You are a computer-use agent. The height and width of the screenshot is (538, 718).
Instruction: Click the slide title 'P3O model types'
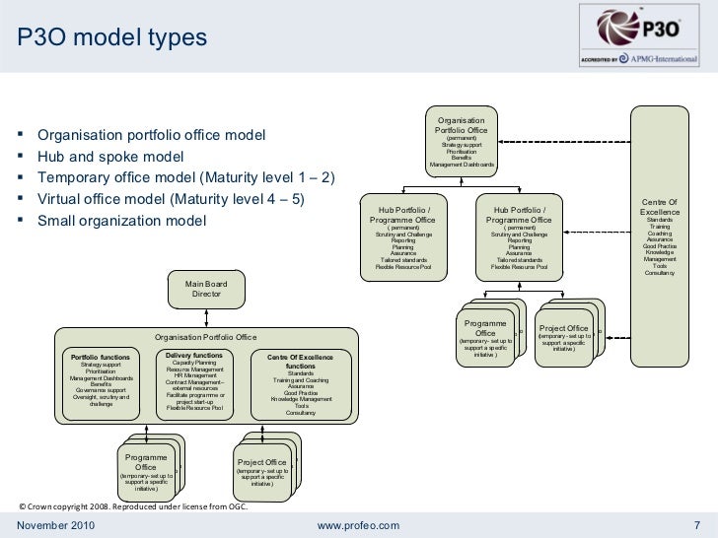(x=110, y=37)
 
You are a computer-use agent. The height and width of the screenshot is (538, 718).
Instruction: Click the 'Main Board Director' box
(x=207, y=289)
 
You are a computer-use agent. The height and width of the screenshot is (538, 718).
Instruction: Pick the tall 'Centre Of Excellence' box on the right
(x=660, y=237)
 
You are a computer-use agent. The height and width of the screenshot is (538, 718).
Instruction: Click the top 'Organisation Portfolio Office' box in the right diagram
(x=462, y=141)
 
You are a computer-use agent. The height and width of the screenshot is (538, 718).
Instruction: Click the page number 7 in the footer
(x=696, y=523)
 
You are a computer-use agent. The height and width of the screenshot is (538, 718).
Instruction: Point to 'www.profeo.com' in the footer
(x=358, y=523)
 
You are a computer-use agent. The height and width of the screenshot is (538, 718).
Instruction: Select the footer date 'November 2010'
(x=56, y=523)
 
